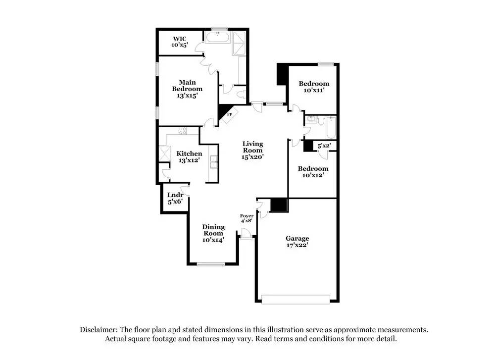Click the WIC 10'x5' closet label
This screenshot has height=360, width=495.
180,41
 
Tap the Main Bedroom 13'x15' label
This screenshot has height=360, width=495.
187,89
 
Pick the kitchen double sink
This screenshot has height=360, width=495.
214,160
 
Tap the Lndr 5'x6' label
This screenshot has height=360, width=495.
175,198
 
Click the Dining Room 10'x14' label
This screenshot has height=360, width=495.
213,233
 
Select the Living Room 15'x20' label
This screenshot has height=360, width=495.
252,150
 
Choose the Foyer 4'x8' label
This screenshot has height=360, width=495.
247,218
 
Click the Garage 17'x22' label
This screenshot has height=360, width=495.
297,242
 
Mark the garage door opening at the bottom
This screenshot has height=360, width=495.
296,299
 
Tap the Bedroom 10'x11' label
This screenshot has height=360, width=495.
314,87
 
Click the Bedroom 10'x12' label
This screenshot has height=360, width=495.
313,172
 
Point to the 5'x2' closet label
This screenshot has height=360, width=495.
324,146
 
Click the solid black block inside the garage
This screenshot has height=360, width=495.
279,205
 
